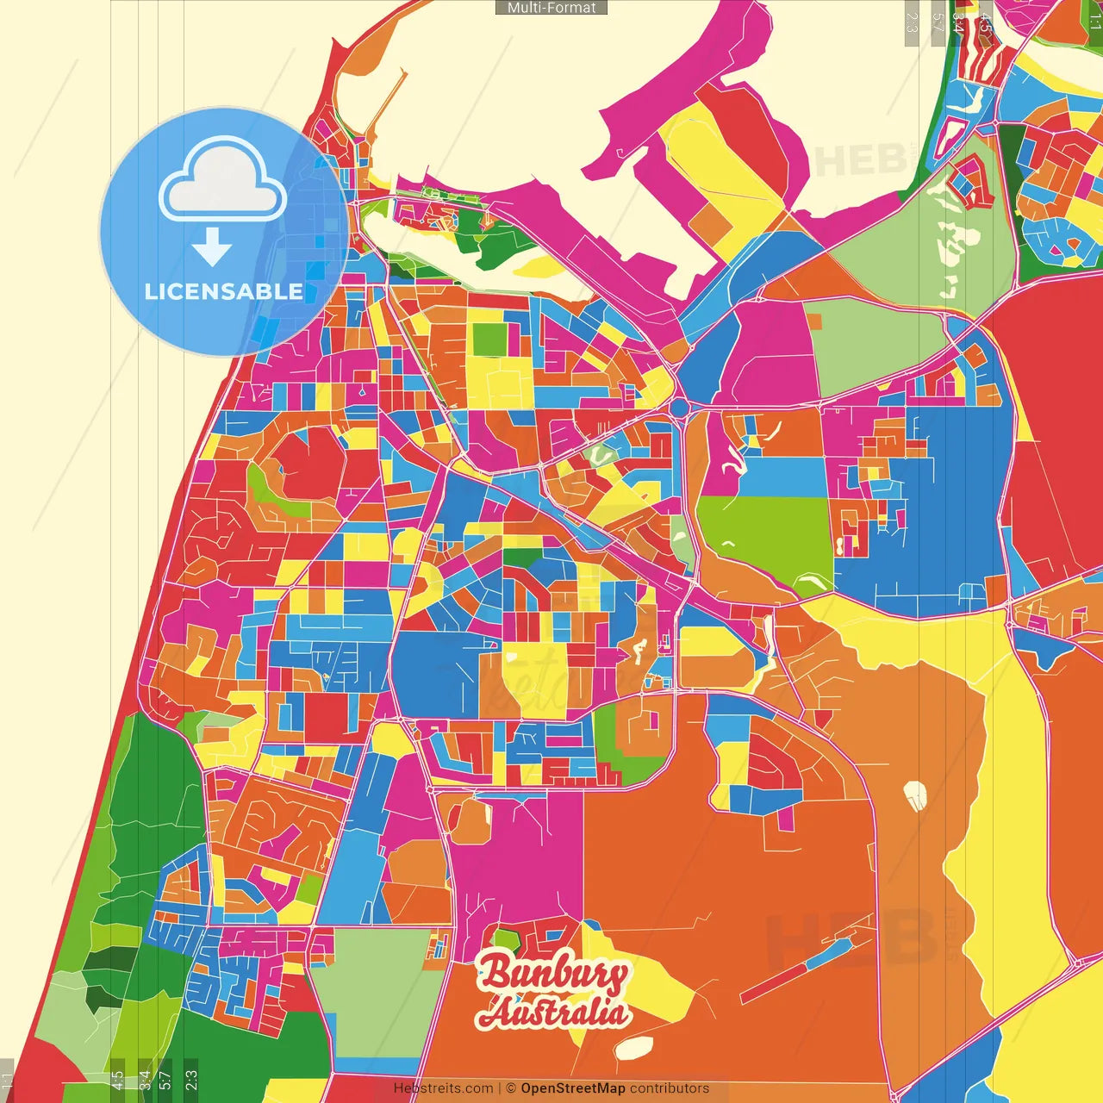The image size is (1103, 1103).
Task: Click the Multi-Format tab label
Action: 551,8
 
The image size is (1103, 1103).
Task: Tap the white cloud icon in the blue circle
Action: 222,183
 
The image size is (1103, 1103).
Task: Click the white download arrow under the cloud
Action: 212,246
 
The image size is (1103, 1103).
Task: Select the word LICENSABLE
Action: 223,291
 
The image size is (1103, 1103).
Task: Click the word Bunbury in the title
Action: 553,973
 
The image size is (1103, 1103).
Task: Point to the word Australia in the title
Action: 553,1012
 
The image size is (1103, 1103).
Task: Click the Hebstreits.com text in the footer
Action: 443,1088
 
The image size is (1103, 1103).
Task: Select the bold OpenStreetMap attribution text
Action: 572,1088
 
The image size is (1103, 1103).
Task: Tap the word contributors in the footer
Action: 670,1088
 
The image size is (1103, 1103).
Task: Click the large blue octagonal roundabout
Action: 679,407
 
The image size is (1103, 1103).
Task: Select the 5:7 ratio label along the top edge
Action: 938,22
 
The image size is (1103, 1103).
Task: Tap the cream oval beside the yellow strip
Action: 915,795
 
